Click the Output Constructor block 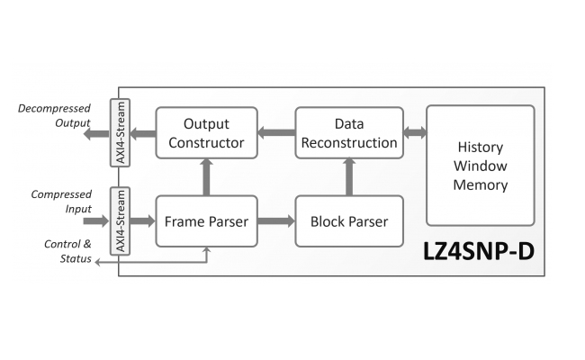207,132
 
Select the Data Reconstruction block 347,132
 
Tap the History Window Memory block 481,166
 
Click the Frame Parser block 207,220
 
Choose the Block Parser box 347,220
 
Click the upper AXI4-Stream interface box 119,133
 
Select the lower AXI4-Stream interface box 119,221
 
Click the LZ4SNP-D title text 478,251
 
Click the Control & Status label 67,251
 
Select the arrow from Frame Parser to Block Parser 276,220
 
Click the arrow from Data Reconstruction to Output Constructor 276,133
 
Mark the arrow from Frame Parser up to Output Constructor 207,176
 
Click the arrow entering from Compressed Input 95,220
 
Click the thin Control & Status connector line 153,263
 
